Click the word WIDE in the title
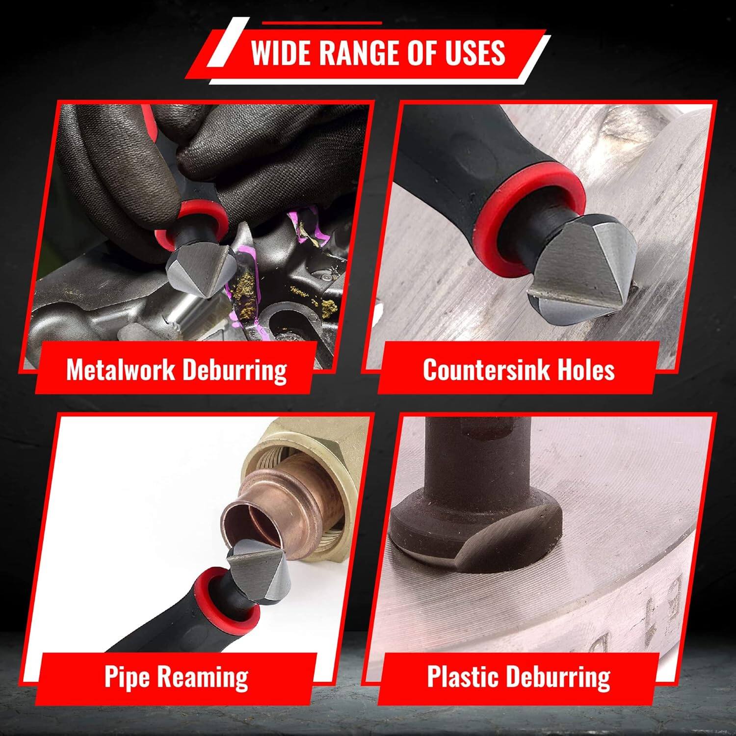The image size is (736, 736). (x=281, y=53)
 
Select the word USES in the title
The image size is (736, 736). (x=475, y=53)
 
